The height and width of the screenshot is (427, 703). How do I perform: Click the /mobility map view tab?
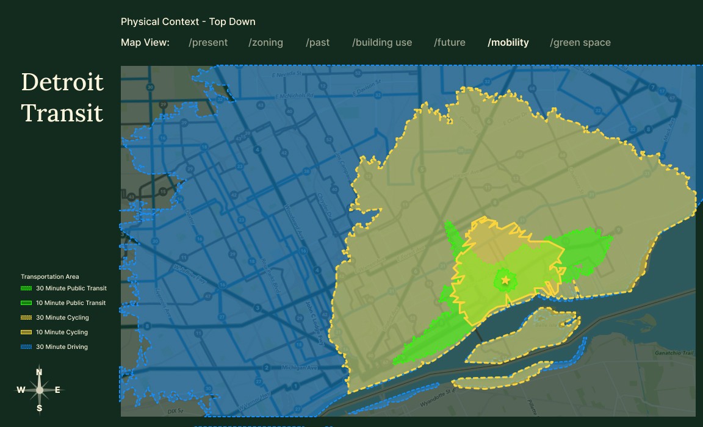click(x=508, y=43)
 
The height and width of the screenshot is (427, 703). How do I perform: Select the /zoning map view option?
click(x=265, y=43)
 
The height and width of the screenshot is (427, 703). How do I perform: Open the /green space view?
click(x=580, y=43)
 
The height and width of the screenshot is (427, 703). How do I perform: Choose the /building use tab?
click(x=382, y=43)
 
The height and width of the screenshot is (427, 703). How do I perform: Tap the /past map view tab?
click(x=317, y=43)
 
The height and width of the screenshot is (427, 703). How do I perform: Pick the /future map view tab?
click(x=450, y=43)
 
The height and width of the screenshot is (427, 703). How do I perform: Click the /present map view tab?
click(x=208, y=43)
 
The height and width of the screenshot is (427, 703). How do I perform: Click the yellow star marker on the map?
click(x=505, y=281)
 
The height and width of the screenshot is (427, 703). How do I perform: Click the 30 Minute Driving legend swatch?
click(x=26, y=347)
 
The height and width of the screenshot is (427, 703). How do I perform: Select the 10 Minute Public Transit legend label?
click(x=71, y=303)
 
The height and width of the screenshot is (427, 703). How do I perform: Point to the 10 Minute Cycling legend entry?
click(x=62, y=332)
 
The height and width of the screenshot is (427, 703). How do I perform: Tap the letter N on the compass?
click(x=39, y=372)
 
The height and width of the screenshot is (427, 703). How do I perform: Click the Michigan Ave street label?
click(x=299, y=368)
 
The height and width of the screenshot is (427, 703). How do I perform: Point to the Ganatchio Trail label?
click(x=674, y=353)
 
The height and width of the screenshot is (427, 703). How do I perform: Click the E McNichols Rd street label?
click(x=294, y=96)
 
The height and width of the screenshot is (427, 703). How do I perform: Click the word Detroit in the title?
click(x=62, y=82)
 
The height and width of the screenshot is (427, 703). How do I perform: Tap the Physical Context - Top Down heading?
click(x=188, y=22)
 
